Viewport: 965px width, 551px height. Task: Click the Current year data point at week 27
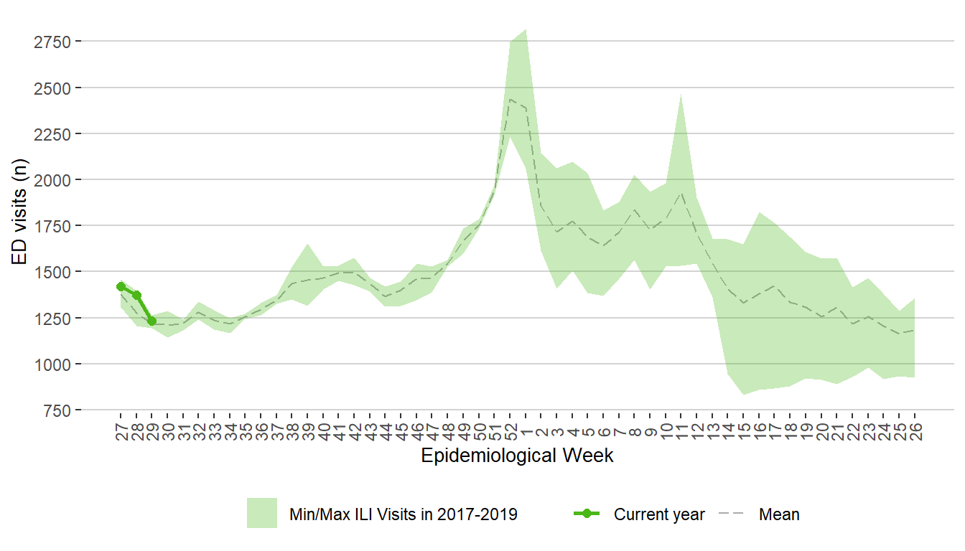click(121, 286)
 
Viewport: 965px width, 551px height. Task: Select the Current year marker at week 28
click(136, 295)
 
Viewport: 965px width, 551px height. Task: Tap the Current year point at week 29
click(151, 321)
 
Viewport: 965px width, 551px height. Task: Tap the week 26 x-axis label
click(915, 433)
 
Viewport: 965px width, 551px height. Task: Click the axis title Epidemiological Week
click(517, 456)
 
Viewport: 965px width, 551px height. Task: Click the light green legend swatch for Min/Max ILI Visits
click(262, 513)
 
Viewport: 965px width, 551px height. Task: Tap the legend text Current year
click(659, 514)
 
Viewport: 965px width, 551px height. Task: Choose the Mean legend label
click(779, 514)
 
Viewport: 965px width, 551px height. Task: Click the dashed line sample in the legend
click(732, 514)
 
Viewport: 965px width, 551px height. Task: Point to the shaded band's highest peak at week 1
click(526, 30)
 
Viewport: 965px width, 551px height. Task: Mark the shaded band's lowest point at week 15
click(742, 394)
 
